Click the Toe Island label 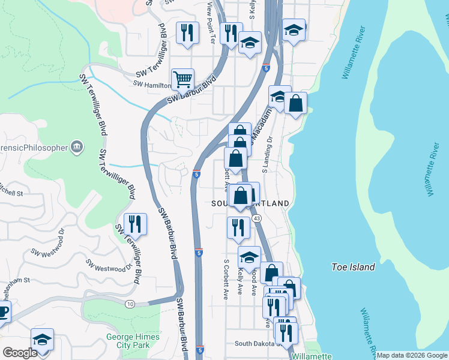click(x=354, y=267)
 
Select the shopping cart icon click(x=182, y=79)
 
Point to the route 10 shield click(x=130, y=304)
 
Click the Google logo click(x=20, y=353)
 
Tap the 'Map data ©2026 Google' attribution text click(x=411, y=355)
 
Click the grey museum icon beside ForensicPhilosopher click(x=76, y=146)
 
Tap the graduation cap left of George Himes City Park click(x=42, y=340)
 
